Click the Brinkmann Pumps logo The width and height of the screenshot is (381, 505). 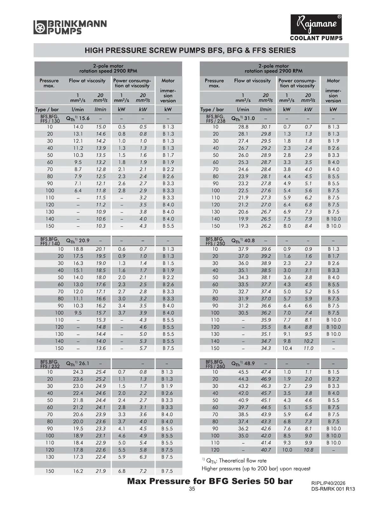tap(70, 27)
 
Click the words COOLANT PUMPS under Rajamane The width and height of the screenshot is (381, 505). tap(316, 38)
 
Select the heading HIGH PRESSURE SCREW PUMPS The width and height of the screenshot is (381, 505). tap(190, 50)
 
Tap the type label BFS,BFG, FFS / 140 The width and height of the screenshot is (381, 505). tap(50, 241)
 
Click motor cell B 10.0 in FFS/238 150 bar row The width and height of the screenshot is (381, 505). tap(333, 226)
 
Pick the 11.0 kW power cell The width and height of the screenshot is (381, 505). tap(308, 348)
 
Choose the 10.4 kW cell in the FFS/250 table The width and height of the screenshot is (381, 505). tap(287, 348)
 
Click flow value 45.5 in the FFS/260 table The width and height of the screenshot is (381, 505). tap(243, 372)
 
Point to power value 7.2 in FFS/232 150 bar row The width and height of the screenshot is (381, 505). tap(143, 471)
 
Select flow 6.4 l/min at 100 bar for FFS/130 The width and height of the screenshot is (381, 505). tap(78, 191)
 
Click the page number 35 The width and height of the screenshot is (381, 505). tap(192, 489)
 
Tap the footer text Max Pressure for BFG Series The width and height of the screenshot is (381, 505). tap(210, 481)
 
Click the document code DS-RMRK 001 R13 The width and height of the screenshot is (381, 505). tap(333, 489)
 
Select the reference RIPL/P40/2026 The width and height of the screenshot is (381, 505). tap(328, 483)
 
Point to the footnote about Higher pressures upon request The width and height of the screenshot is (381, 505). tap(256, 468)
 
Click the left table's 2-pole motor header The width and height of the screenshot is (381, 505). tap(108, 69)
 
